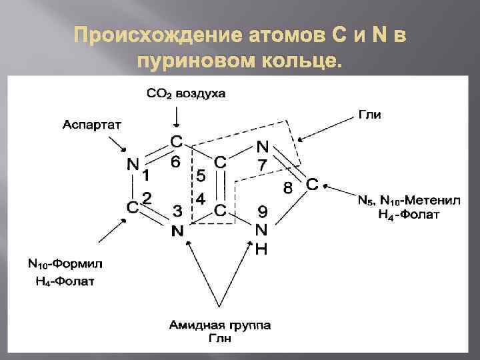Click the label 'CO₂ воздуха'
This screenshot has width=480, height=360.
click(x=186, y=94)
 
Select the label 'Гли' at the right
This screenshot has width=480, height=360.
click(x=369, y=115)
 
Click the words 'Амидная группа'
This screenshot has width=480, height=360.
click(x=220, y=325)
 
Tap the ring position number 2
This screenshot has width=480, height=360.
click(x=147, y=198)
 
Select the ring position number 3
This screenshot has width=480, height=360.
click(x=178, y=211)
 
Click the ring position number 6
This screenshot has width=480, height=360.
click(x=175, y=162)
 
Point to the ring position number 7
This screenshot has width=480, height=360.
click(x=263, y=164)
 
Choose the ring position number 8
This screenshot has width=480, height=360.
click(x=288, y=188)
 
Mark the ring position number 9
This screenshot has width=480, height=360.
click(x=263, y=213)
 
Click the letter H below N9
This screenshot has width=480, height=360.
click(x=262, y=249)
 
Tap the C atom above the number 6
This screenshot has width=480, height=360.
click(x=176, y=141)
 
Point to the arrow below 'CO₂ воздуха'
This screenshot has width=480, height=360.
click(x=176, y=116)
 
